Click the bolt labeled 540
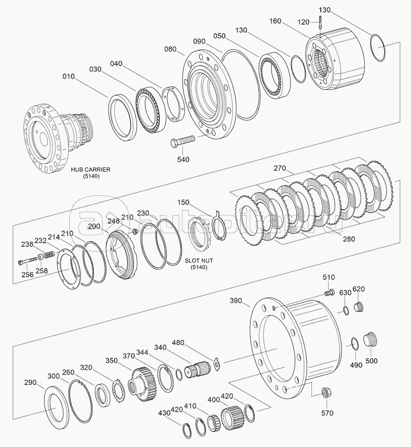[182, 141]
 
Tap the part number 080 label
[170, 49]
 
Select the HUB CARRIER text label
[91, 169]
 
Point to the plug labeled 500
[371, 339]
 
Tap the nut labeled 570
[326, 393]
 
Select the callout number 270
[279, 168]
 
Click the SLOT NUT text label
[199, 261]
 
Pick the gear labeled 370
[141, 382]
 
